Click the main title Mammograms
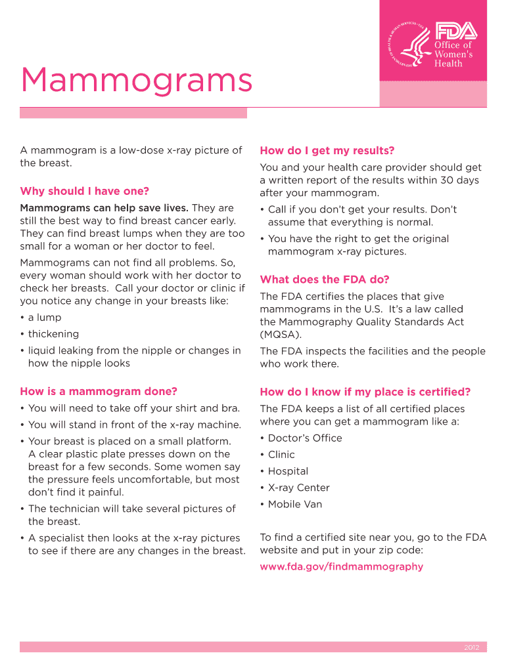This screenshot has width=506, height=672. (x=137, y=81)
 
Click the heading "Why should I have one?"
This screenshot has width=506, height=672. (x=85, y=191)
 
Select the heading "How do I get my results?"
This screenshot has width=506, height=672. (x=327, y=150)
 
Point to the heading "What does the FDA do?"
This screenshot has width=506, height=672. (x=325, y=279)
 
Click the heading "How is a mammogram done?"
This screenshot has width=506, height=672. (x=99, y=392)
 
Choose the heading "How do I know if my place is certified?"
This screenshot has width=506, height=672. (x=365, y=392)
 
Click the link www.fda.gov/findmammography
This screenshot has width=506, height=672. (x=342, y=566)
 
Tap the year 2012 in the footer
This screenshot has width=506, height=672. (x=471, y=648)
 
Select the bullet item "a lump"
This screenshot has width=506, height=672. (x=44, y=318)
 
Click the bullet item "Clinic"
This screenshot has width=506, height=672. (x=281, y=455)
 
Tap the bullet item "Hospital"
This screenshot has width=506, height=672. (x=288, y=471)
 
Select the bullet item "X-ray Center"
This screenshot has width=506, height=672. (x=298, y=488)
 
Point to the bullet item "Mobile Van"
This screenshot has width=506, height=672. (x=295, y=504)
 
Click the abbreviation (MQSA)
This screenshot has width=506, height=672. (x=281, y=335)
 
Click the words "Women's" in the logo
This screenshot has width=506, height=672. (x=453, y=54)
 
